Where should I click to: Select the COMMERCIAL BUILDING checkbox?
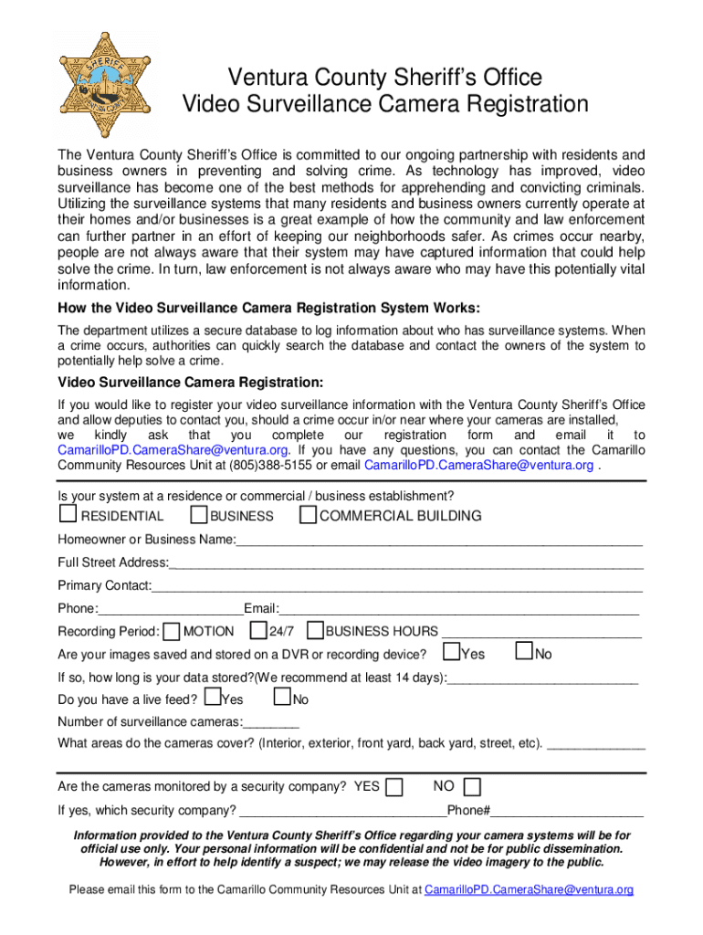(x=308, y=516)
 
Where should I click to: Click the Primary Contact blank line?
(x=397, y=586)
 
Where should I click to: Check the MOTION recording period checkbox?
(x=172, y=631)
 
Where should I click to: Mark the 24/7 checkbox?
(x=258, y=630)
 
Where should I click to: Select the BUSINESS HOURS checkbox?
(x=315, y=630)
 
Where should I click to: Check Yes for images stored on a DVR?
(x=451, y=652)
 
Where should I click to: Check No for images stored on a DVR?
(x=524, y=652)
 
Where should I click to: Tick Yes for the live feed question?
(x=213, y=699)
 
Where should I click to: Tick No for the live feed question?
(x=282, y=699)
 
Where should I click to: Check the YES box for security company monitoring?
(x=394, y=787)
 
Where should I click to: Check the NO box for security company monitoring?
(x=472, y=787)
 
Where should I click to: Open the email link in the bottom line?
(x=529, y=889)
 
